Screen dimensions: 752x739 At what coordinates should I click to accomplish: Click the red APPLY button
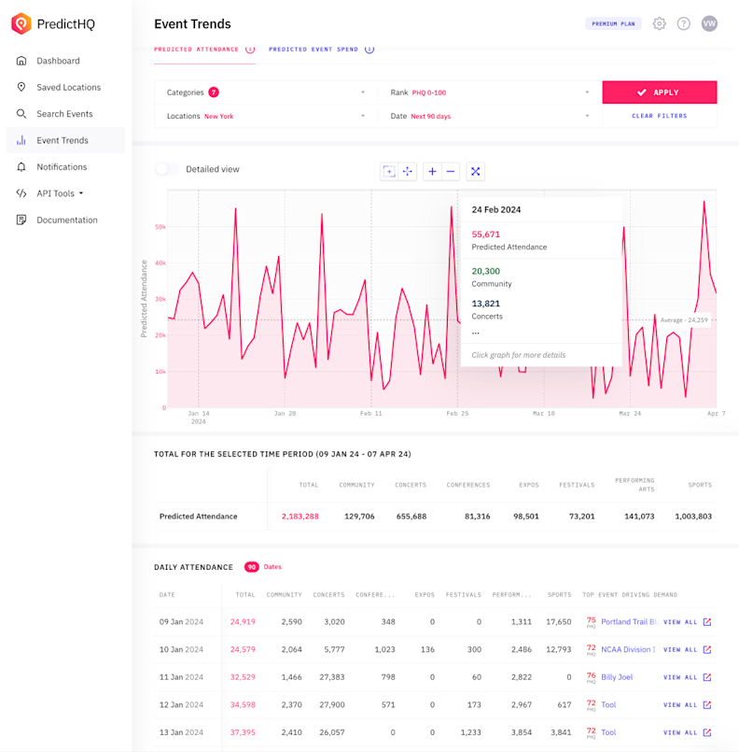660,92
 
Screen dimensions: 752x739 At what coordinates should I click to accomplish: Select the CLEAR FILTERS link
659,116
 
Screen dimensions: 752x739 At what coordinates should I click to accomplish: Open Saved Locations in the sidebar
68,87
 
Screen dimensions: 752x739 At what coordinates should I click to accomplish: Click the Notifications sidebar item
62,167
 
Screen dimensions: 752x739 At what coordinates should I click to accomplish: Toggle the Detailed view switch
167,169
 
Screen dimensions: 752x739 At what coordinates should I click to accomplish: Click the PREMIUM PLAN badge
614,23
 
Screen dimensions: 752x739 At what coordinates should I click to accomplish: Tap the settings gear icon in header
660,23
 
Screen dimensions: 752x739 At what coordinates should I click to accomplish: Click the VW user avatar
709,23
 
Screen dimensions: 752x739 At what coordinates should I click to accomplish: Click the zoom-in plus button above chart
432,171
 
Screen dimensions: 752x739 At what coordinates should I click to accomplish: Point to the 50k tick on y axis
160,227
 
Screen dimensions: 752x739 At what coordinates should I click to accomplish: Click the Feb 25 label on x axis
457,413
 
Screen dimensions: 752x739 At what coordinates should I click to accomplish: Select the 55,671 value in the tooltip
485,234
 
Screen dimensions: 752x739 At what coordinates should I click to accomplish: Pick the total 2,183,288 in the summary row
300,516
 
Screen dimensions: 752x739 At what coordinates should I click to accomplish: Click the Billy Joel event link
617,677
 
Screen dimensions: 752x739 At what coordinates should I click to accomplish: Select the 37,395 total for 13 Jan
243,732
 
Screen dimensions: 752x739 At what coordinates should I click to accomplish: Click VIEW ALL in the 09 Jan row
680,622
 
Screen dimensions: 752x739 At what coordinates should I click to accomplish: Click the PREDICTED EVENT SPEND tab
314,49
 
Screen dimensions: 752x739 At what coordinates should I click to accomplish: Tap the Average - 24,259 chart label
683,320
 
